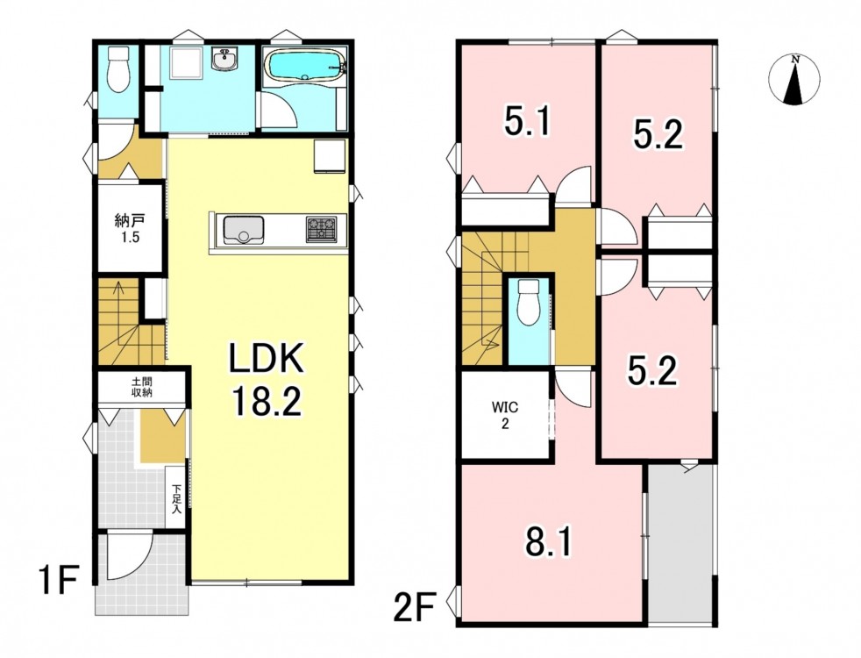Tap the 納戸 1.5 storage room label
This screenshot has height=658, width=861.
click(130, 229)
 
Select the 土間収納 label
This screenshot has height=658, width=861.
click(142, 387)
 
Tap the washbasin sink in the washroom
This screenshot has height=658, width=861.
click(224, 60)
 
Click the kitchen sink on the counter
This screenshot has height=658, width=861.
click(243, 230)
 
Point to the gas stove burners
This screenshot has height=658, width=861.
click(321, 230)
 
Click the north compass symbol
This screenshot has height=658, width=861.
click(794, 79)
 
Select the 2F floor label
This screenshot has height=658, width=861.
click(415, 607)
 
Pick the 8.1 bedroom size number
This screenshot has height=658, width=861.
click(549, 542)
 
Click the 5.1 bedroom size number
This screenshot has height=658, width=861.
click(528, 123)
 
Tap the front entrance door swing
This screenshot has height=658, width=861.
click(128, 556)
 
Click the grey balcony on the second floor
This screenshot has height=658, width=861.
click(681, 546)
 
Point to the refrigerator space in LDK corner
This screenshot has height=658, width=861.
click(330, 157)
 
